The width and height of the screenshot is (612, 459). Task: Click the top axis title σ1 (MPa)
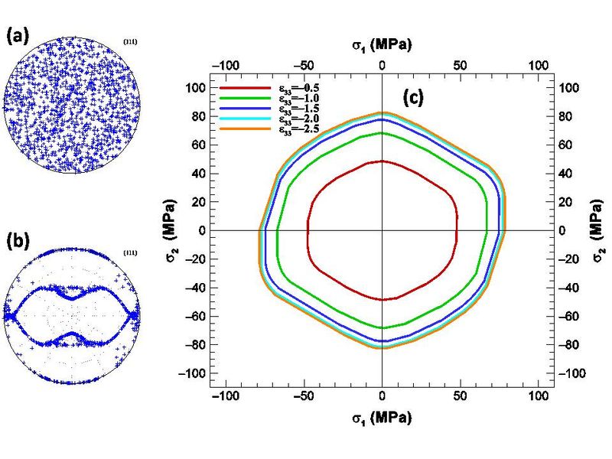(x=382, y=45)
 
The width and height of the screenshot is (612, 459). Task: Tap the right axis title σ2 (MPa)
(x=593, y=230)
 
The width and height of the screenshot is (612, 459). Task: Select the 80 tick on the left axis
(x=197, y=117)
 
